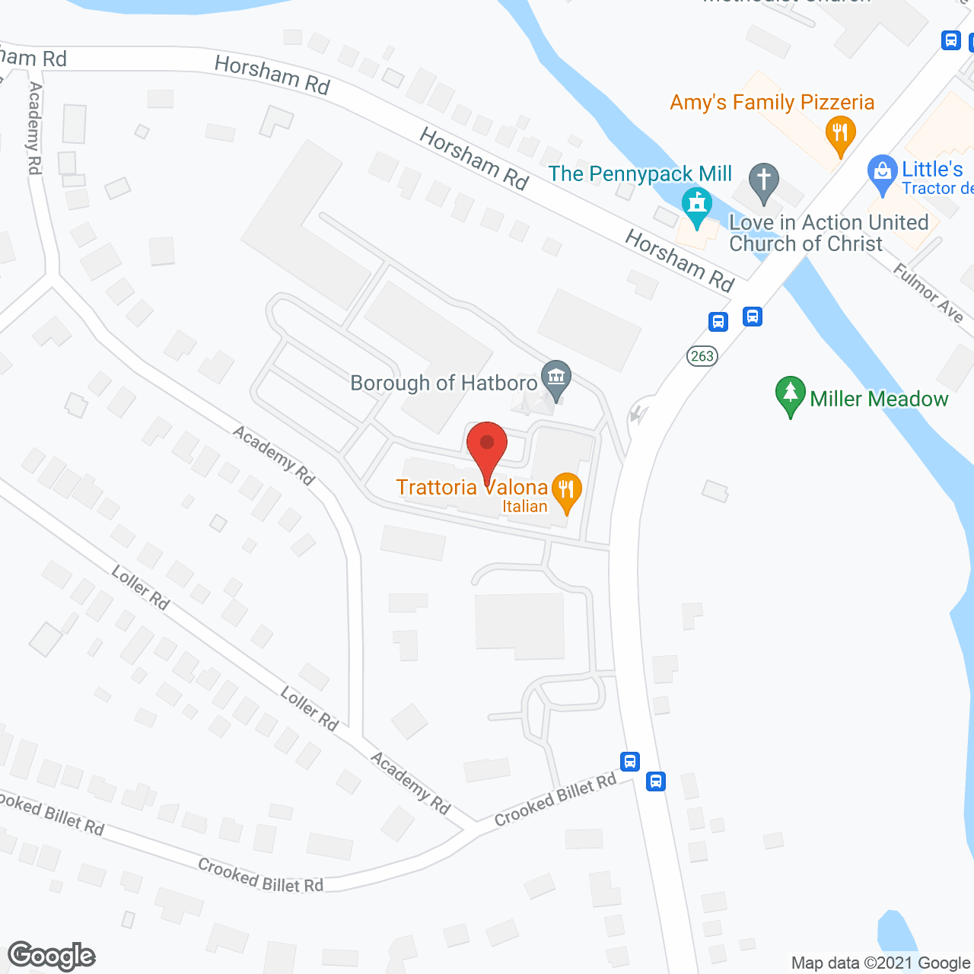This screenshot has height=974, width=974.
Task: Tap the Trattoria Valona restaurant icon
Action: tap(565, 489)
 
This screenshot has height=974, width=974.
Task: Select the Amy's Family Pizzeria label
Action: tap(772, 103)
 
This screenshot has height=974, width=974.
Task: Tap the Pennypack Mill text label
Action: tap(640, 174)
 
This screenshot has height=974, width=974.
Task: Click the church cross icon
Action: tap(764, 181)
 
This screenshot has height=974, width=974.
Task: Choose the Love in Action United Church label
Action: tap(828, 233)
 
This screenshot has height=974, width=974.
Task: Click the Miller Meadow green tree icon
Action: tap(790, 394)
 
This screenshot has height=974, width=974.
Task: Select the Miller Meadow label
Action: tap(879, 399)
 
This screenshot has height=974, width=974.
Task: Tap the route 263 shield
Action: tap(702, 355)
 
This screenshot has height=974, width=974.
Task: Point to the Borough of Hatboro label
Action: tap(444, 383)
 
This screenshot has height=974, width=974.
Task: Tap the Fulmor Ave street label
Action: tap(928, 293)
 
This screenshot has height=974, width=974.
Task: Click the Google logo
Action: tap(52, 956)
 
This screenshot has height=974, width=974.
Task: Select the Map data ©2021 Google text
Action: tap(880, 963)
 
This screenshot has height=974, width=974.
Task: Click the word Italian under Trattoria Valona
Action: tap(524, 507)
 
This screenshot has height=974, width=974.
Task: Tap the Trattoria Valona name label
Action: tap(472, 487)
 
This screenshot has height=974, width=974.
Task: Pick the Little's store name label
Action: tap(932, 170)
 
